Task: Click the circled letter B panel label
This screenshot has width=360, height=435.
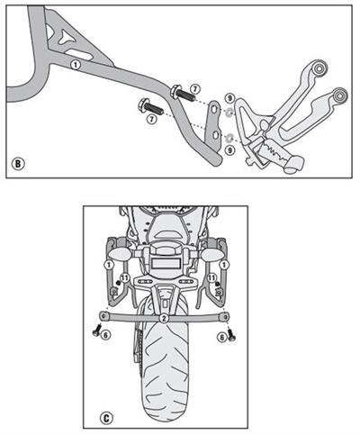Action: [18, 165]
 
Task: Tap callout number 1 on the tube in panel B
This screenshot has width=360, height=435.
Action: [76, 66]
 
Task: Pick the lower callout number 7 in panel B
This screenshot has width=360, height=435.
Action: [151, 118]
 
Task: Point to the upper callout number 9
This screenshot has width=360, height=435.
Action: [230, 98]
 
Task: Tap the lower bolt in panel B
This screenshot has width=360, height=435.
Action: [147, 104]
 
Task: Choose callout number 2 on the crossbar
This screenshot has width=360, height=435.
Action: [163, 319]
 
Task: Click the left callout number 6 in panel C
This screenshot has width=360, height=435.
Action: [105, 335]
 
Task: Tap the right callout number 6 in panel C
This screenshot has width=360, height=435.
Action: [220, 335]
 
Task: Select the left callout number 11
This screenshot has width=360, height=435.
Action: [124, 279]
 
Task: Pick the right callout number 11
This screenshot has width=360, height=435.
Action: [211, 279]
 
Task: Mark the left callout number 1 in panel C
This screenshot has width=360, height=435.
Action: [107, 265]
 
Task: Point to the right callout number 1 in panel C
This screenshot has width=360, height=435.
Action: [224, 265]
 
